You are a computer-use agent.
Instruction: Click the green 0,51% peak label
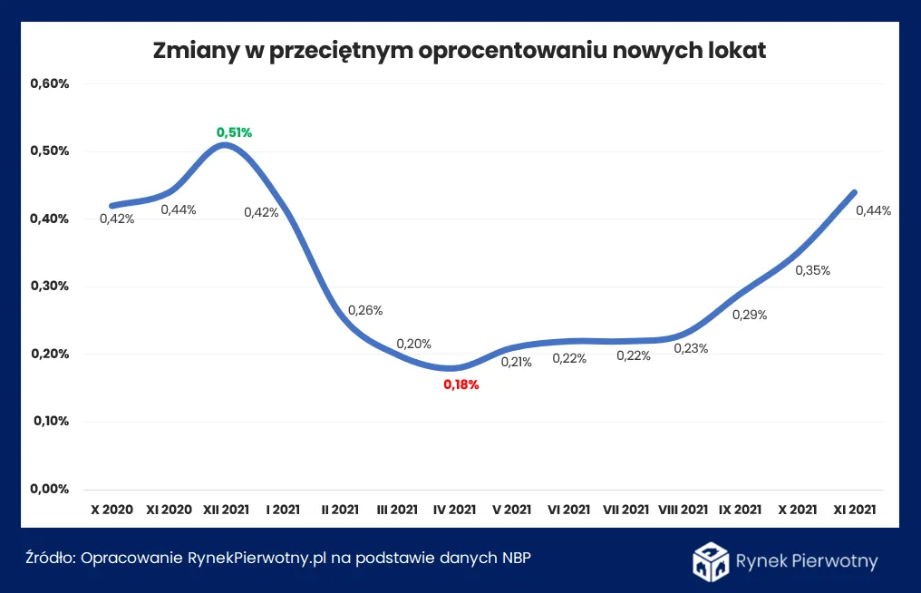(x=234, y=132)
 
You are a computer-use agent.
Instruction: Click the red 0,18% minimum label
(x=460, y=384)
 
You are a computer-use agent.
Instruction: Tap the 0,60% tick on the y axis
(x=50, y=83)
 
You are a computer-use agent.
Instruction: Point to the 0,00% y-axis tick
(x=50, y=489)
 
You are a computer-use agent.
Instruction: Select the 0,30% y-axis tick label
(x=50, y=286)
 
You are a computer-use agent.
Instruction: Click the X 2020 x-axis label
(x=111, y=510)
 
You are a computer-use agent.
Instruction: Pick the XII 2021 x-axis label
(x=226, y=510)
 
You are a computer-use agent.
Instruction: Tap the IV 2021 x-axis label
(x=454, y=510)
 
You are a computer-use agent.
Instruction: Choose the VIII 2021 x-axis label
(x=683, y=510)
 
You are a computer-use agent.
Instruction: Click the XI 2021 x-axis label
(x=854, y=510)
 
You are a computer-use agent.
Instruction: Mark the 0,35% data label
(x=813, y=270)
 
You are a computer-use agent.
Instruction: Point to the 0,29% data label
(x=750, y=316)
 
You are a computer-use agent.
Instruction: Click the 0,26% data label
(x=365, y=310)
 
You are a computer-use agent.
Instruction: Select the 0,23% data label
(x=690, y=348)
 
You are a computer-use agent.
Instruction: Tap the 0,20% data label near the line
(x=413, y=344)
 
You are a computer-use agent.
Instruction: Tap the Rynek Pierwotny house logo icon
(x=711, y=561)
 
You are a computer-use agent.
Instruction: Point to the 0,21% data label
(x=516, y=362)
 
